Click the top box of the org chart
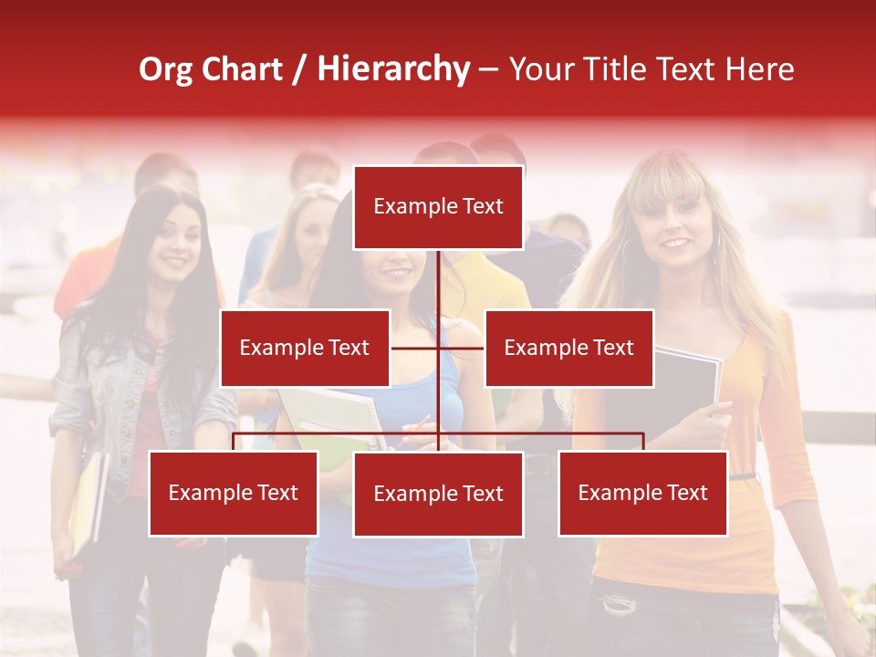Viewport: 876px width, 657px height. click(438, 207)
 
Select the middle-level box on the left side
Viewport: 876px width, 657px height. click(305, 348)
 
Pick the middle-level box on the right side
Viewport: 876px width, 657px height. click(568, 348)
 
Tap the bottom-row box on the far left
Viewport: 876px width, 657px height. click(234, 493)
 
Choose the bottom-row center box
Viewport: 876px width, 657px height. click(438, 494)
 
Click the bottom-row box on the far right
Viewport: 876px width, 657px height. click(642, 493)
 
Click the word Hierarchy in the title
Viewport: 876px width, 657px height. click(393, 69)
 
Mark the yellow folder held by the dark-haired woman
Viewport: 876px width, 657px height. click(87, 502)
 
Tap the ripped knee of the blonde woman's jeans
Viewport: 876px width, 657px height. click(620, 602)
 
